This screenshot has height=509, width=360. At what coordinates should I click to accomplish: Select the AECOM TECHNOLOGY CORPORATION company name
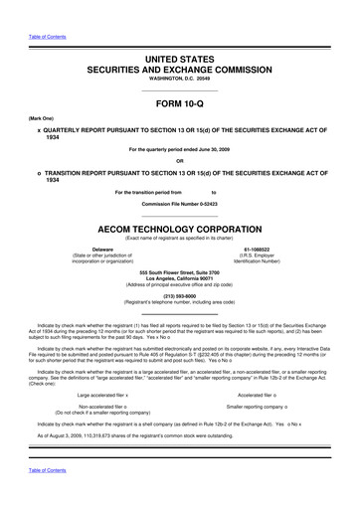coord(180,225)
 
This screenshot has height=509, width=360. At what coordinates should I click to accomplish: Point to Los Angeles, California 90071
coord(180,278)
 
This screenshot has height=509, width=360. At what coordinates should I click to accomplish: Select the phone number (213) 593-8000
coord(180,295)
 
